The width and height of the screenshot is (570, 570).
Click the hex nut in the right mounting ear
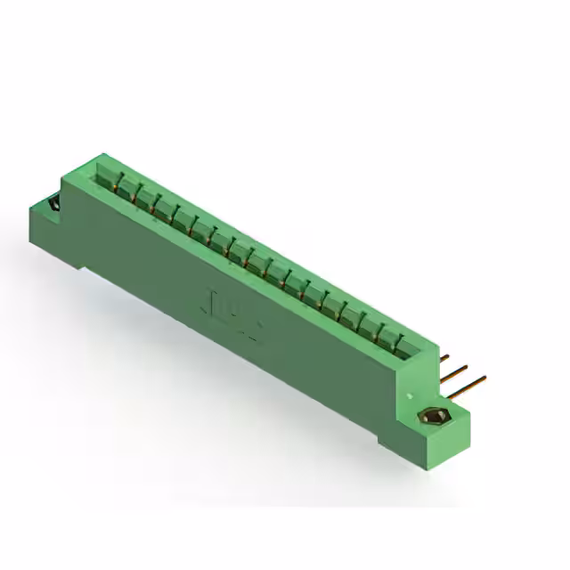coord(435,416)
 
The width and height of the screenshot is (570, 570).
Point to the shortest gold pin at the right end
coord(443,358)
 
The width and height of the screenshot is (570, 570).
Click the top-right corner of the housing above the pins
coord(436,342)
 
